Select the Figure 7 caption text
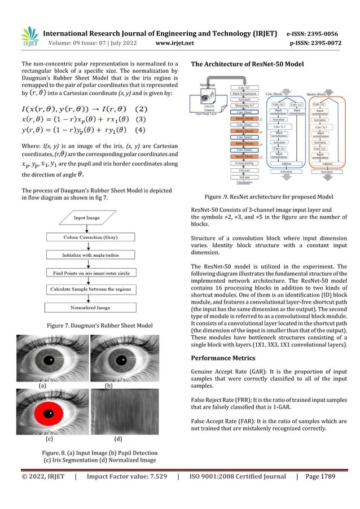click(x=94, y=326)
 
